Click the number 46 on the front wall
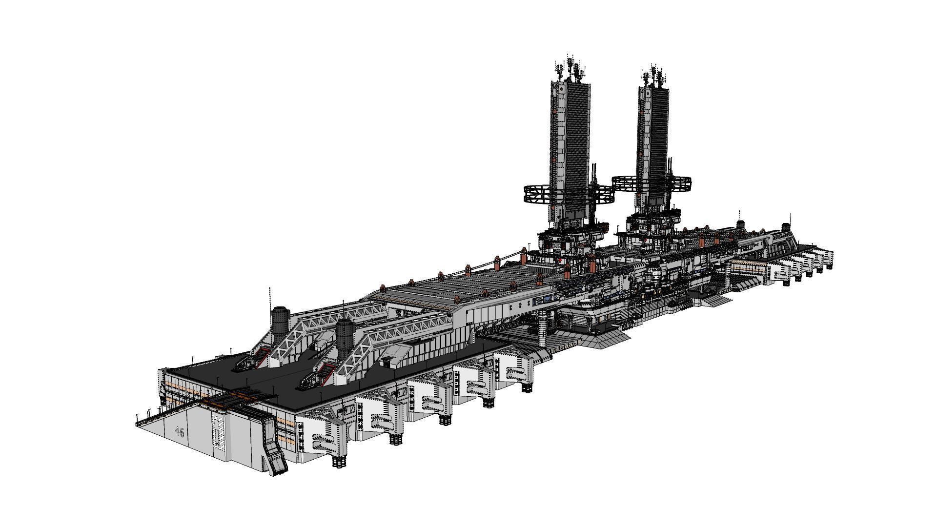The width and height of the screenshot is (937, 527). click(x=180, y=432)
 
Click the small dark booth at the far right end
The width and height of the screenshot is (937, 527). click(x=786, y=227)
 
